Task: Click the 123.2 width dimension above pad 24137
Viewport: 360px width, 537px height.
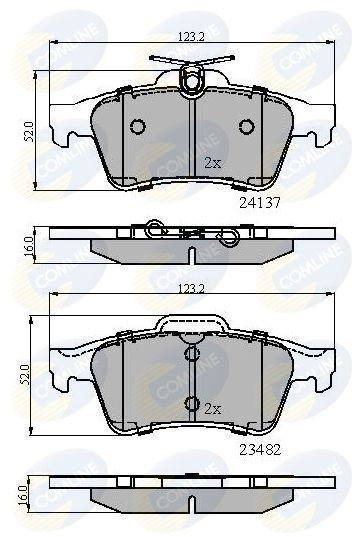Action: (190, 36)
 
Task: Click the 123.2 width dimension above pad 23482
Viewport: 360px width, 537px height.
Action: (190, 289)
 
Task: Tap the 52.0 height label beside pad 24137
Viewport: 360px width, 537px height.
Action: (30, 131)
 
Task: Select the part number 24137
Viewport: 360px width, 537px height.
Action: (258, 200)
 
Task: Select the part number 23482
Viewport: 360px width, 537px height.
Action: (260, 450)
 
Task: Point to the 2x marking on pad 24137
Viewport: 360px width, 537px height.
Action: (212, 162)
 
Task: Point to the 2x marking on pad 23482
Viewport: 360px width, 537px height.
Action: (213, 409)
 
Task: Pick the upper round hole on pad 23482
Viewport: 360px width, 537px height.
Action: (191, 354)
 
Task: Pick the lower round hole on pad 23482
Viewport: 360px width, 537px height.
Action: (191, 404)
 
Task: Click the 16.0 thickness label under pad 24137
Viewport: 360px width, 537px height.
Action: (30, 241)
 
